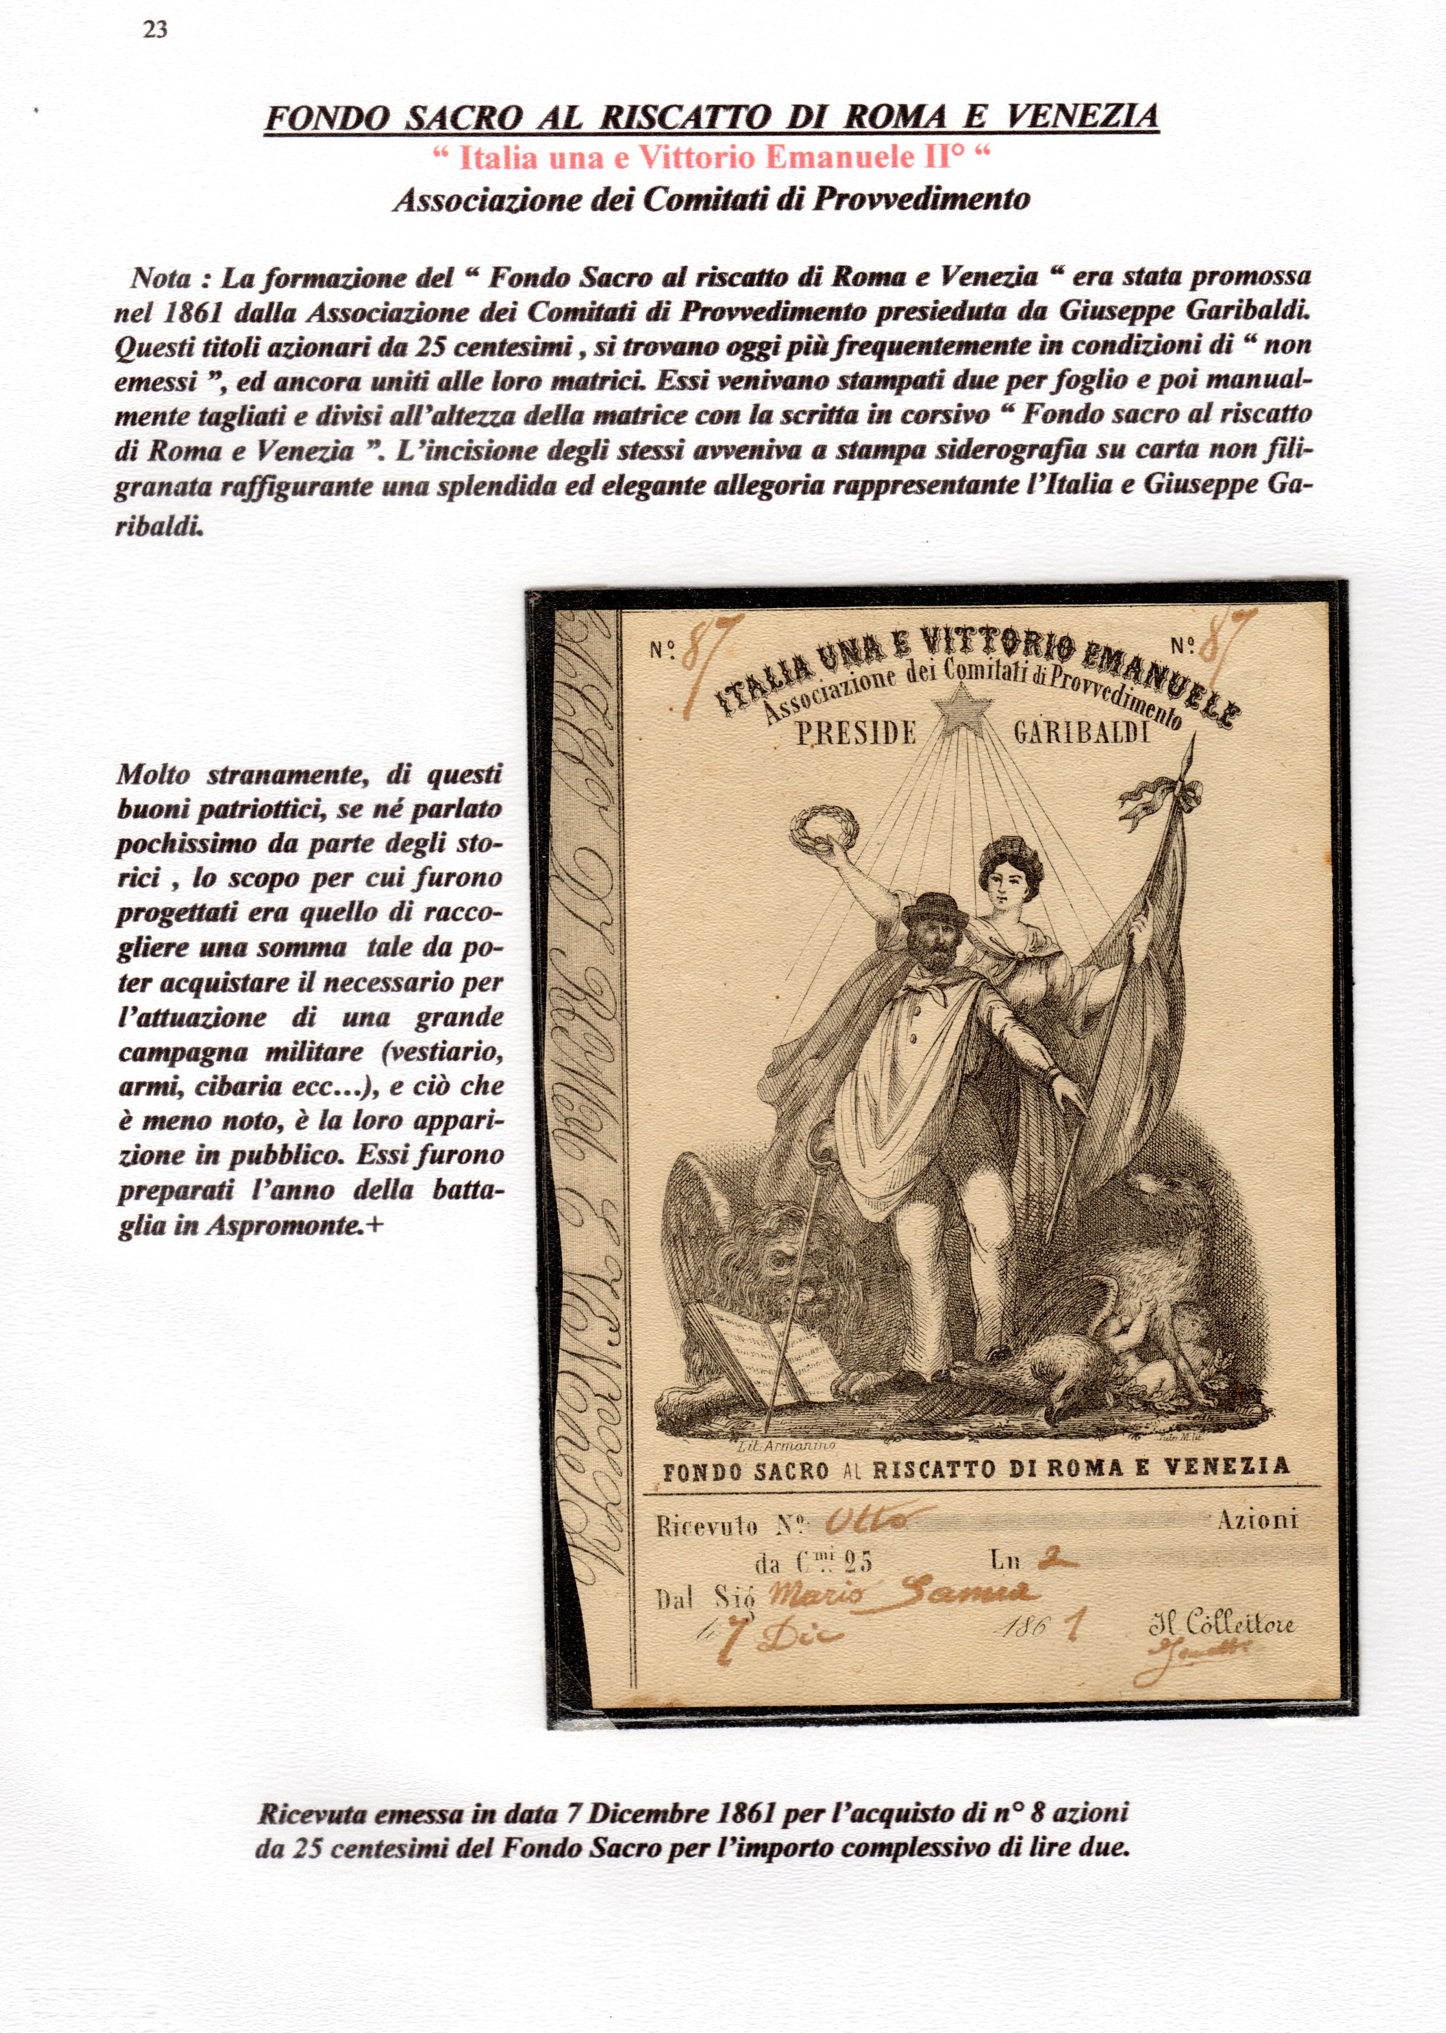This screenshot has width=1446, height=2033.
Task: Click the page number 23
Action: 155,30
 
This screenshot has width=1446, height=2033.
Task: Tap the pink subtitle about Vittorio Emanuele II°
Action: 712,158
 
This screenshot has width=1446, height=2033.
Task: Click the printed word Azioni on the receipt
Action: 1256,1520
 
